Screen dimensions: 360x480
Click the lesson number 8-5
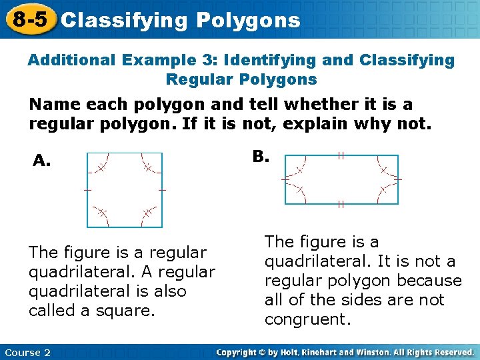(x=27, y=19)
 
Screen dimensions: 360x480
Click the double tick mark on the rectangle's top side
(x=341, y=155)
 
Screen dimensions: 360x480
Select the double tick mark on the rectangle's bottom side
(x=341, y=204)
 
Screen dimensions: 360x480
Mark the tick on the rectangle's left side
(x=285, y=179)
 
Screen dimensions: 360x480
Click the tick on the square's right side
(x=162, y=189)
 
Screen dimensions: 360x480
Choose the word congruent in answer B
(x=307, y=319)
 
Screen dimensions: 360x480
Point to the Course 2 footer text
(x=27, y=353)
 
